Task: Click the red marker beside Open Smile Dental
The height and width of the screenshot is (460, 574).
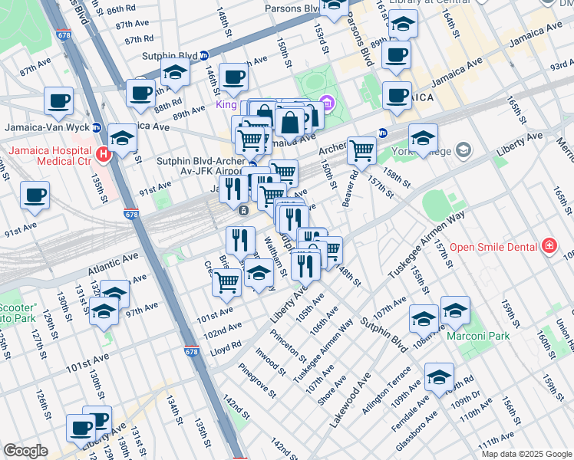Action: coord(549,246)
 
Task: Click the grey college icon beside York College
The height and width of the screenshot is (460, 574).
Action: coord(462,150)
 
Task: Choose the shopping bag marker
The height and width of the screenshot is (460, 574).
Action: coord(291,122)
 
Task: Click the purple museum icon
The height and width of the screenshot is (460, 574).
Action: coord(327,101)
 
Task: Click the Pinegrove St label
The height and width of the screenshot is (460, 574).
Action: coord(257,381)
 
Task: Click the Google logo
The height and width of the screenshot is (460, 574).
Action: coord(25,451)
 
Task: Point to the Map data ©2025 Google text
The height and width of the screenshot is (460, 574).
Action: coord(526,454)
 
